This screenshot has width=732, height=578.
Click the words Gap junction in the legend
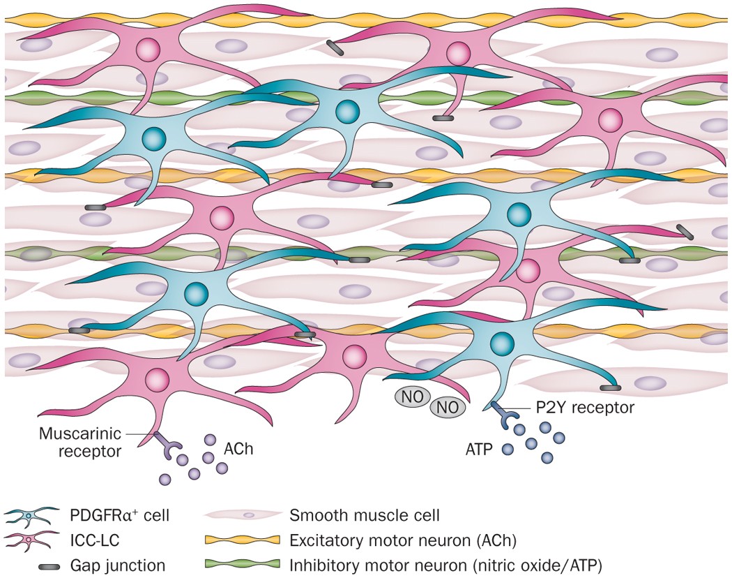click(115, 564)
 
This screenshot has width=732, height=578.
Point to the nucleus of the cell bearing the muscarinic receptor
click(157, 380)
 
